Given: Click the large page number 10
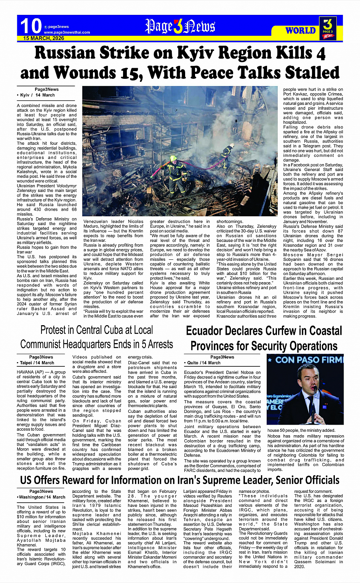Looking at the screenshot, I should [x=30, y=26].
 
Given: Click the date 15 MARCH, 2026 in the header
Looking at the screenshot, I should [x=43, y=38].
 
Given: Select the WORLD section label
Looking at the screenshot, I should [x=301, y=30].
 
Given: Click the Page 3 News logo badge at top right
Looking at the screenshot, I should [x=328, y=28].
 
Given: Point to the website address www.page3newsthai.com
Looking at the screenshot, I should [x=67, y=32].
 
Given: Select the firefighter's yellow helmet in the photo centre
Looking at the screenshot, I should [x=173, y=158].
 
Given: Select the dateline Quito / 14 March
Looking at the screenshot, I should [x=203, y=363].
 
